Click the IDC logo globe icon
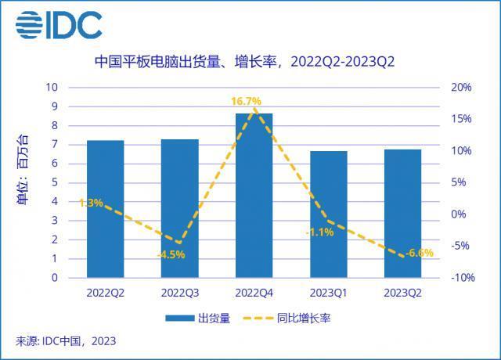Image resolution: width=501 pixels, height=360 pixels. tap(29, 26)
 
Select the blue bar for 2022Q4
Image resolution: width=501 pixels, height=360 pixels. tap(254, 196)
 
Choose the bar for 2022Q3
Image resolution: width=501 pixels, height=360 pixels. tap(179, 208)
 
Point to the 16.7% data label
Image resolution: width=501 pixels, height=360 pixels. tap(246, 102)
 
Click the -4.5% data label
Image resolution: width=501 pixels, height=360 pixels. tap(171, 254)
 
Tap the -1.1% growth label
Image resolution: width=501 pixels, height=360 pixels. tap(320, 232)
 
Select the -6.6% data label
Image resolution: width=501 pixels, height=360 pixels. tap(420, 252)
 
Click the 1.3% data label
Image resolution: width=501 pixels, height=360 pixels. tap(91, 203)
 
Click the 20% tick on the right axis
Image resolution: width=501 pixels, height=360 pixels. tap(462, 87)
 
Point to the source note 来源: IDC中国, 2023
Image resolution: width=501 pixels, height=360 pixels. tap(66, 341)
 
